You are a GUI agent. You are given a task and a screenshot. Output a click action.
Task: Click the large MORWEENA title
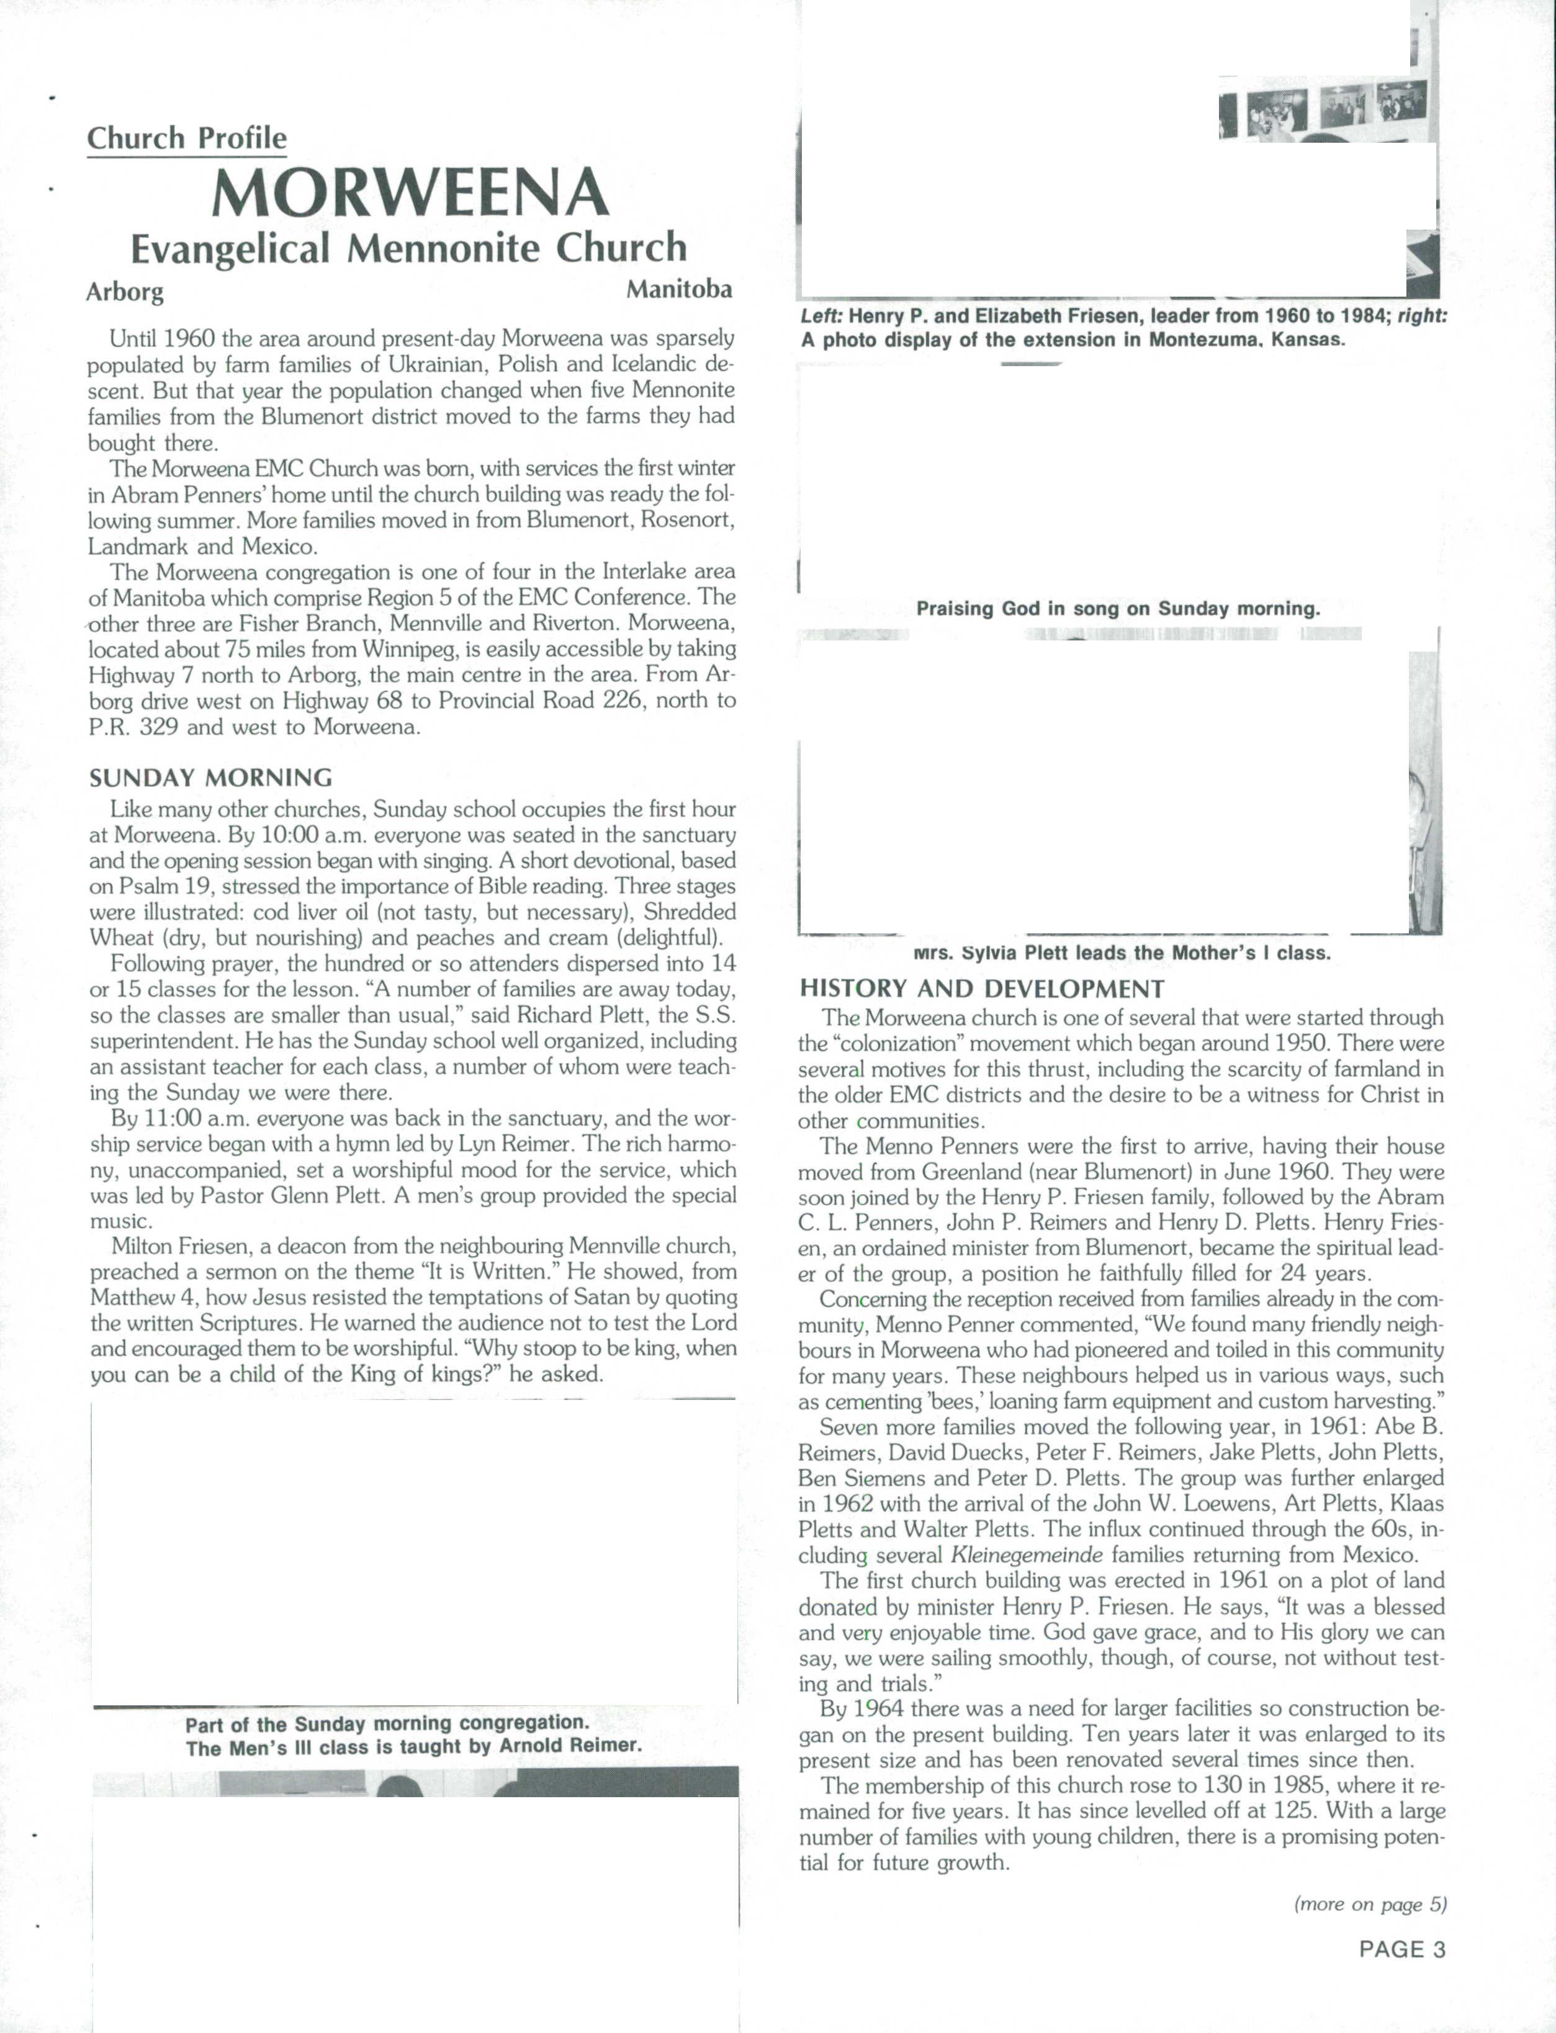(410, 194)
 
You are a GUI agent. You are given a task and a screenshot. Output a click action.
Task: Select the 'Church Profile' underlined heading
(186, 138)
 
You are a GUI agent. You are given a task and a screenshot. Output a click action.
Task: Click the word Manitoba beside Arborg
(679, 289)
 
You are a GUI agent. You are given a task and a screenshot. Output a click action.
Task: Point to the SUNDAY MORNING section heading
(210, 777)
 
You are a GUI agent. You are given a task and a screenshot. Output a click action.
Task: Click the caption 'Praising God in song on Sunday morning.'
(1118, 609)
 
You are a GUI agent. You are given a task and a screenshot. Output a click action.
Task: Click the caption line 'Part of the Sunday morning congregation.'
(387, 1724)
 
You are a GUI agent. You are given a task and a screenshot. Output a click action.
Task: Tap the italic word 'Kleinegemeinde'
(1026, 1555)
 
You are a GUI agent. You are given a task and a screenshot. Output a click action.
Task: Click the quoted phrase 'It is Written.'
(493, 1272)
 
